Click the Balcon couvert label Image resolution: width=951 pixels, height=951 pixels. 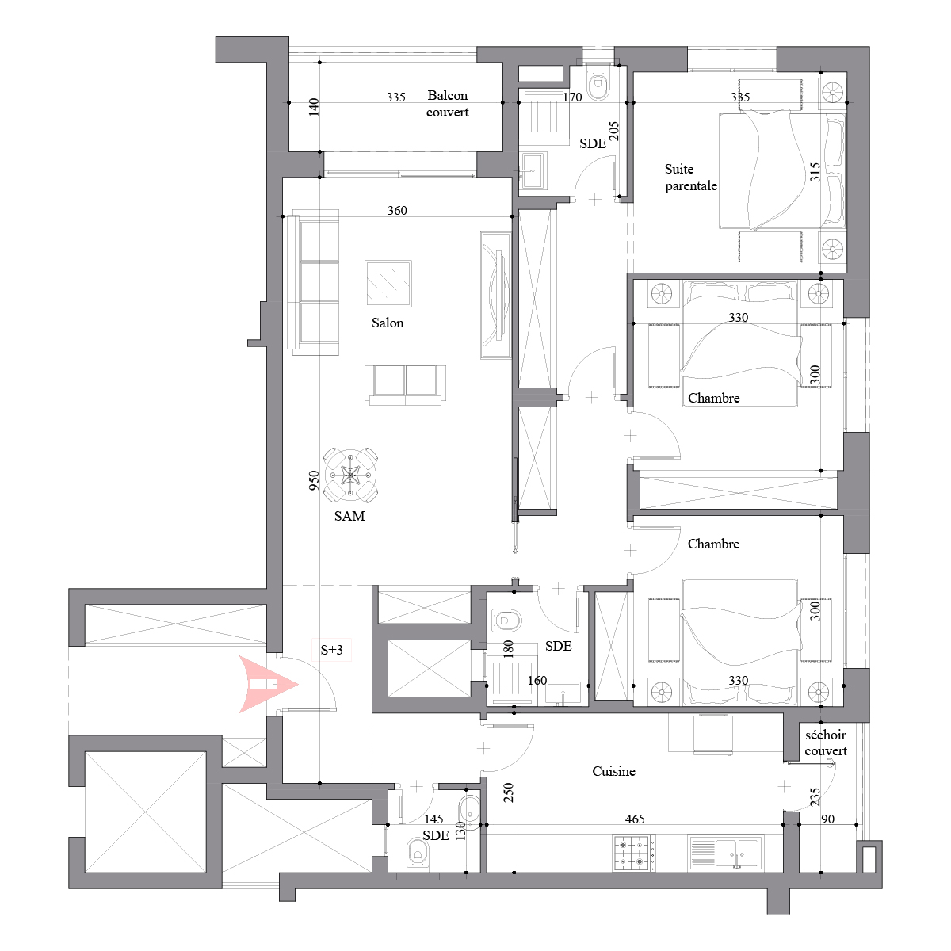click(447, 104)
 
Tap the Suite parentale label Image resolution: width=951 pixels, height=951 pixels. click(690, 178)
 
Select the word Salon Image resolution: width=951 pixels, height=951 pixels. click(388, 323)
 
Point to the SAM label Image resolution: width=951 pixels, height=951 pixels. click(349, 516)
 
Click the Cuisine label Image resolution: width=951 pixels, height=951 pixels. click(613, 771)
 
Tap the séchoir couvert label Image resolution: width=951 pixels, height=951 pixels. click(826, 743)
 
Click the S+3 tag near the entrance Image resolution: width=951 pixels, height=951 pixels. click(331, 650)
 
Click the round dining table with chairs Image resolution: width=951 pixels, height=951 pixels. click(350, 475)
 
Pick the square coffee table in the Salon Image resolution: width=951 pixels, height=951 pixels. click(388, 284)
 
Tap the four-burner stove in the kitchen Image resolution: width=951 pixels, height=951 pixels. click(634, 854)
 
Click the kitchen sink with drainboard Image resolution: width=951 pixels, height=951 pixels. click(725, 852)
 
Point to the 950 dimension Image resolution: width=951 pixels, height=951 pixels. click(313, 480)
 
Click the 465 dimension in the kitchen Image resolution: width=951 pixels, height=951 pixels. click(635, 819)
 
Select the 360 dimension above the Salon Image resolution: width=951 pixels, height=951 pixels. click(397, 211)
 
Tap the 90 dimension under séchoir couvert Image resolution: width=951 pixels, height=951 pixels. click(827, 819)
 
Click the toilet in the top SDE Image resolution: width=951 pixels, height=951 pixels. click(598, 86)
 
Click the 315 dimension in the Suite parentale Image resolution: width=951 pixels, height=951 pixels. click(815, 172)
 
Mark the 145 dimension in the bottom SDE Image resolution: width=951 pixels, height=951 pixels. click(433, 819)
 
